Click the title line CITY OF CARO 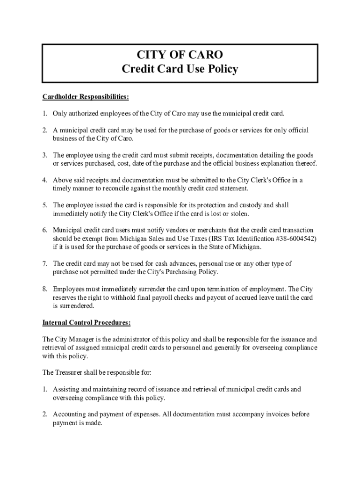tap(180, 55)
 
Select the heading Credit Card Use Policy tap(180, 69)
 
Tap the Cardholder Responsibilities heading tap(86, 97)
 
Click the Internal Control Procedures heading tap(86, 323)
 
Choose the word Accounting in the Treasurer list tap(69, 414)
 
